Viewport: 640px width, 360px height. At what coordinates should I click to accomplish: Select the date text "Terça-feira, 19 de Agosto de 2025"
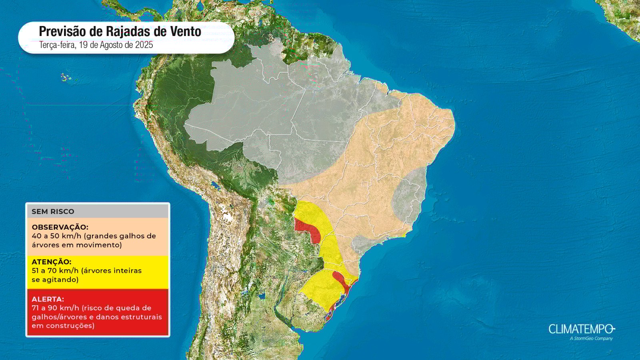(96, 45)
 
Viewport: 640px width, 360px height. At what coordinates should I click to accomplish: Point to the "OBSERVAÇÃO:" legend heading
(60, 227)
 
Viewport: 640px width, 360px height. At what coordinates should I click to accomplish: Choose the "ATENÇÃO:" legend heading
(52, 262)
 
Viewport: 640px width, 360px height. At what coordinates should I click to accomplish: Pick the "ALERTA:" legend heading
(48, 299)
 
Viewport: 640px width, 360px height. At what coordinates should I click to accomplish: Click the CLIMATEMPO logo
(581, 329)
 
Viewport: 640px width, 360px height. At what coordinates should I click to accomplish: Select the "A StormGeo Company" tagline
(591, 339)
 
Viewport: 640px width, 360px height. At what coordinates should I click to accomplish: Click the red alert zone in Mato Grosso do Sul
(308, 229)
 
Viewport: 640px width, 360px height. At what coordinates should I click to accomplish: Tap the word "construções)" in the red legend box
(63, 326)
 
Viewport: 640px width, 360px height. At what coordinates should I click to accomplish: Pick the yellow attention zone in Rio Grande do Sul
(320, 288)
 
